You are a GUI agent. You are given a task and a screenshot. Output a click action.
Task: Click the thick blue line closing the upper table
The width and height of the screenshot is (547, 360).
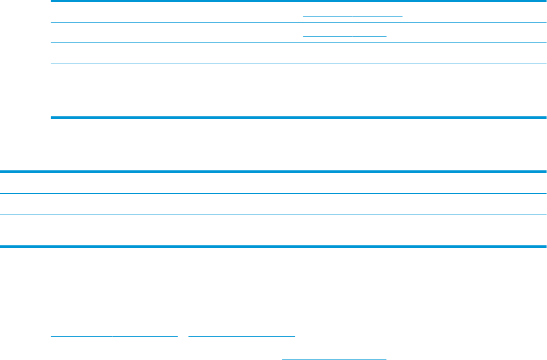pyautogui.click(x=298, y=117)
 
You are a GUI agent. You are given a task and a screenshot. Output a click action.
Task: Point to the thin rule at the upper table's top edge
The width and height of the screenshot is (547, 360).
pyautogui.click(x=298, y=2)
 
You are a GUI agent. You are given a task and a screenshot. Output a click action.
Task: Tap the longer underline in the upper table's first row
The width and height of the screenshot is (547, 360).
pyautogui.click(x=353, y=15)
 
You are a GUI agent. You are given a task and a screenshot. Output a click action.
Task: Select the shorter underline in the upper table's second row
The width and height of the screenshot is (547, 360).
pyautogui.click(x=345, y=35)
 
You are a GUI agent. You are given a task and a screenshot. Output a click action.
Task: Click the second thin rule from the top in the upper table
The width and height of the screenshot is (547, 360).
pyautogui.click(x=298, y=22)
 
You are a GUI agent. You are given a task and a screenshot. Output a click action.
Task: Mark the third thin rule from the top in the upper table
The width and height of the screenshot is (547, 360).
pyautogui.click(x=298, y=42)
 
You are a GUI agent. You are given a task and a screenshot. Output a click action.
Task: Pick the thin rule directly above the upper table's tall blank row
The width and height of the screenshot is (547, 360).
pyautogui.click(x=298, y=63)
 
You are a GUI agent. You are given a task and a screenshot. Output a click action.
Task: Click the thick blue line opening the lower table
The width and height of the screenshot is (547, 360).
pyautogui.click(x=273, y=173)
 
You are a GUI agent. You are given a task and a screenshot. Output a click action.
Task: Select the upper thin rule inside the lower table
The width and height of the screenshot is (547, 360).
pyautogui.click(x=273, y=193)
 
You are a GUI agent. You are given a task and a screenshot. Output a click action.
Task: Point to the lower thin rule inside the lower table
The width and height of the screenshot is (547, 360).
pyautogui.click(x=273, y=214)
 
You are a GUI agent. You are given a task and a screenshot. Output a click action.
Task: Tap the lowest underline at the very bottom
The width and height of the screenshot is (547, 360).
pyautogui.click(x=334, y=359)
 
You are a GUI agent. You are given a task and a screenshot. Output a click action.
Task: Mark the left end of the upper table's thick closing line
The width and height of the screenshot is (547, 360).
pyautogui.click(x=52, y=117)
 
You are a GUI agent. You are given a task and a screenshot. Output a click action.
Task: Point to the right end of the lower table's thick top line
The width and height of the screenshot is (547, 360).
pyautogui.click(x=545, y=173)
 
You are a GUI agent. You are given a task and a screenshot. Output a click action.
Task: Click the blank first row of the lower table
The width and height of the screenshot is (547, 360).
pyautogui.click(x=273, y=183)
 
